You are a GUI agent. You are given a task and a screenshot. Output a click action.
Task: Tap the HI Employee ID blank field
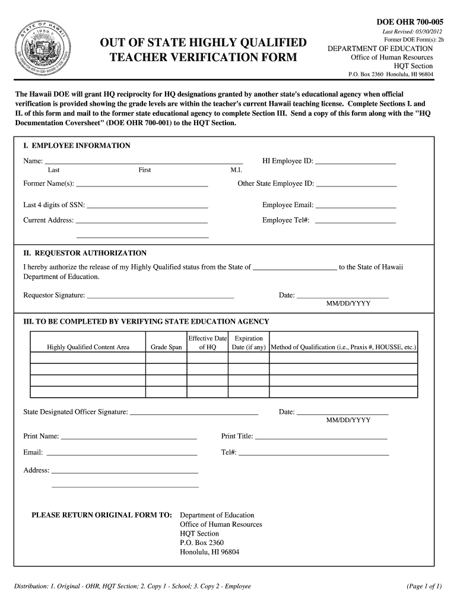[355, 160]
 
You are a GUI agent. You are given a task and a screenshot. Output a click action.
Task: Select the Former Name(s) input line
[142, 183]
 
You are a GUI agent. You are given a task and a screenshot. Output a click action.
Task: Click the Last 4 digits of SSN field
[147, 205]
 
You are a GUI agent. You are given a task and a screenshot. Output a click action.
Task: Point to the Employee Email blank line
[356, 205]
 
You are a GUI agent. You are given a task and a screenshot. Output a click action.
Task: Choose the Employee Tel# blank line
[355, 220]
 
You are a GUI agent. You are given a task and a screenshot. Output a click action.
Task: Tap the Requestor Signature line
[160, 295]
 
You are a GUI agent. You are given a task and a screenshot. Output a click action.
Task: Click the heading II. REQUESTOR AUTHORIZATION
[85, 253]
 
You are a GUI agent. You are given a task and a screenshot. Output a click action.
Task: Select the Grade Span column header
[166, 347]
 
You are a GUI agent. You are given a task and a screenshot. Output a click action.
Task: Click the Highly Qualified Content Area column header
[88, 347]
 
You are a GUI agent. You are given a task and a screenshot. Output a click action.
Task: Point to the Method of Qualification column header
[343, 347]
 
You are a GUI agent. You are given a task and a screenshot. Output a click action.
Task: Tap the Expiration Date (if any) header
[249, 343]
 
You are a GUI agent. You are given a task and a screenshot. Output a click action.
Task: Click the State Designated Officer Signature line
[194, 411]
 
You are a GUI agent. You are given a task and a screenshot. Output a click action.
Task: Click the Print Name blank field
[129, 436]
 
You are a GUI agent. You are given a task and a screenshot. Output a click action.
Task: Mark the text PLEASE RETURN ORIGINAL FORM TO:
[101, 515]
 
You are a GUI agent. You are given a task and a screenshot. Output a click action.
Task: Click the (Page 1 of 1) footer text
[424, 587]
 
